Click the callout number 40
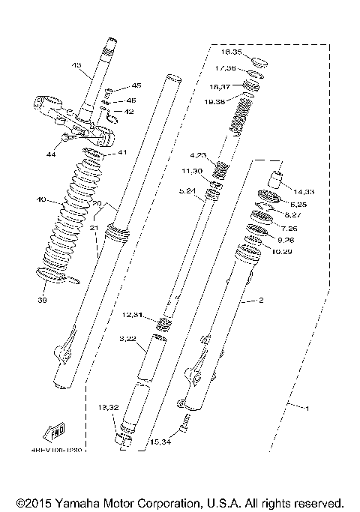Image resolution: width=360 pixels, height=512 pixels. tap(40, 200)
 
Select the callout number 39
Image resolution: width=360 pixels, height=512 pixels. tap(43, 300)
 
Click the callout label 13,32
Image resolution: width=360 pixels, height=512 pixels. tap(108, 407)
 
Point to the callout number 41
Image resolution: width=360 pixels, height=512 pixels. tap(121, 152)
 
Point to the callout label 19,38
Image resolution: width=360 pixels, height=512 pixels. tap(223, 100)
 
